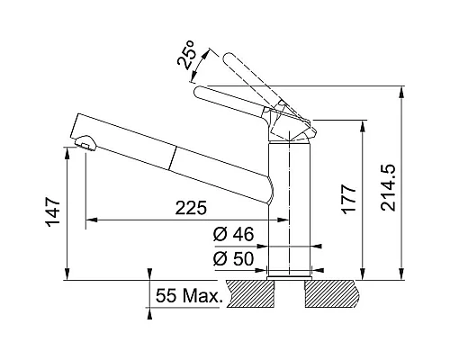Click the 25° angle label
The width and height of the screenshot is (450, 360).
186,55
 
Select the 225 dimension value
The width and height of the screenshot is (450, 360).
191,208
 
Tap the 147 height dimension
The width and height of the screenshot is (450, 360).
53,212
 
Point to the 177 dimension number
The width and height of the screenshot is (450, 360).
348,200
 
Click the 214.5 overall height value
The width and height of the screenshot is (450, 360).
389,188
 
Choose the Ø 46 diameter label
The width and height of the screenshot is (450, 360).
233,234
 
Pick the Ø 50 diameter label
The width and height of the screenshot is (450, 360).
233,259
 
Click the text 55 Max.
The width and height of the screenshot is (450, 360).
189,296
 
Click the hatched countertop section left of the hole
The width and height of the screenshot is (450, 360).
250,293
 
